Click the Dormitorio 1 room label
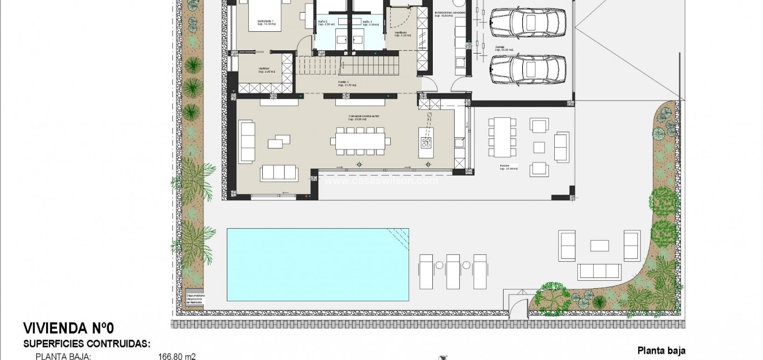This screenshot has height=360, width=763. [267, 22]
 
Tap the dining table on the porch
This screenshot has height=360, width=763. [502, 137]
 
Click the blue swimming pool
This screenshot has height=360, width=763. [318, 264]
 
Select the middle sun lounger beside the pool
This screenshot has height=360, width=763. [453, 271]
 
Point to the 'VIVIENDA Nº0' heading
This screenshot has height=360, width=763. [68, 329]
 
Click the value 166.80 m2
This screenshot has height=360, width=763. [177, 357]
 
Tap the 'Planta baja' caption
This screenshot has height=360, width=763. [661, 351]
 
